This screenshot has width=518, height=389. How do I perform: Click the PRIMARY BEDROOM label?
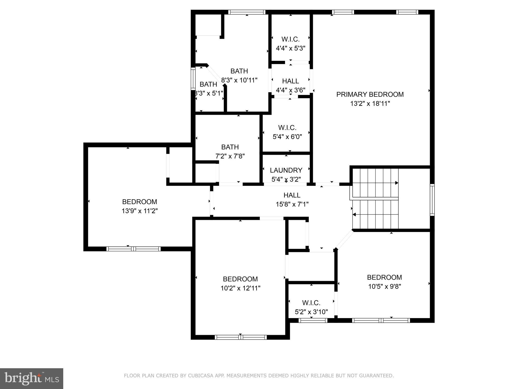pyautogui.click(x=370, y=94)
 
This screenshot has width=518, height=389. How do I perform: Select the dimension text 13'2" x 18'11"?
pyautogui.click(x=370, y=104)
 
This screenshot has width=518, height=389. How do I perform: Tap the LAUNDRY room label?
pyautogui.click(x=286, y=170)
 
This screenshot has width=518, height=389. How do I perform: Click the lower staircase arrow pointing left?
pyautogui.click(x=354, y=215)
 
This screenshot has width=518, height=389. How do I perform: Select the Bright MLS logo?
pyautogui.click(x=32, y=378)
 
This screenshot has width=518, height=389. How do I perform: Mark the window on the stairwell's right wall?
pyautogui.click(x=432, y=200)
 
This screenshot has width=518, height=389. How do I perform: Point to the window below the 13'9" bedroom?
pyautogui.click(x=133, y=249)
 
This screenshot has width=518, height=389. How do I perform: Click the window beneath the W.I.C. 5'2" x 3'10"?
pyautogui.click(x=313, y=320)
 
